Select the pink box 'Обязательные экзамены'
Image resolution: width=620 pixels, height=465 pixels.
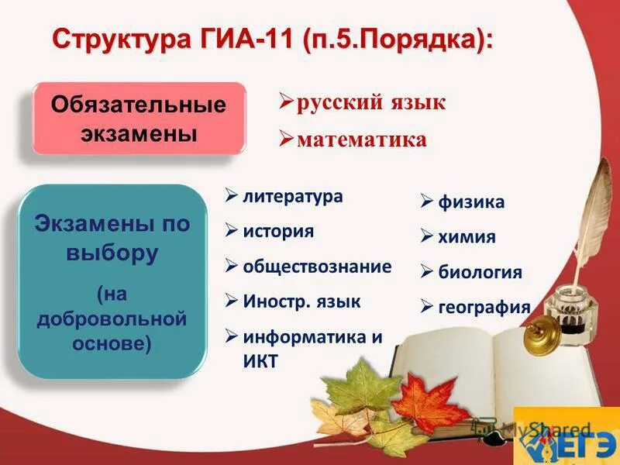point(139,119)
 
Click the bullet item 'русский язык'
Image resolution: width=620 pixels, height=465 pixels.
point(371,102)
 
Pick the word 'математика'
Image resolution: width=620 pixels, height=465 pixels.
point(361,139)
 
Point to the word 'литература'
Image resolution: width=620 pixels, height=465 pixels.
point(292,196)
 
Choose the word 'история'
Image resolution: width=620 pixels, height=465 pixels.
point(278,231)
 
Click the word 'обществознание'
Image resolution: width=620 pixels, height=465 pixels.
point(317,267)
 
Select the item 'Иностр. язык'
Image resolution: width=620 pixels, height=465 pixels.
point(301,301)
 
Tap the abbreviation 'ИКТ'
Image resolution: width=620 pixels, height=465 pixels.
point(260,361)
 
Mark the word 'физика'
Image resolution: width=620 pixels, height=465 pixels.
point(471,203)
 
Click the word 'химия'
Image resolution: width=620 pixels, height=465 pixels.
point(467,237)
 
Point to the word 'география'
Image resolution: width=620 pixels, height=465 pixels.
point(484,307)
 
